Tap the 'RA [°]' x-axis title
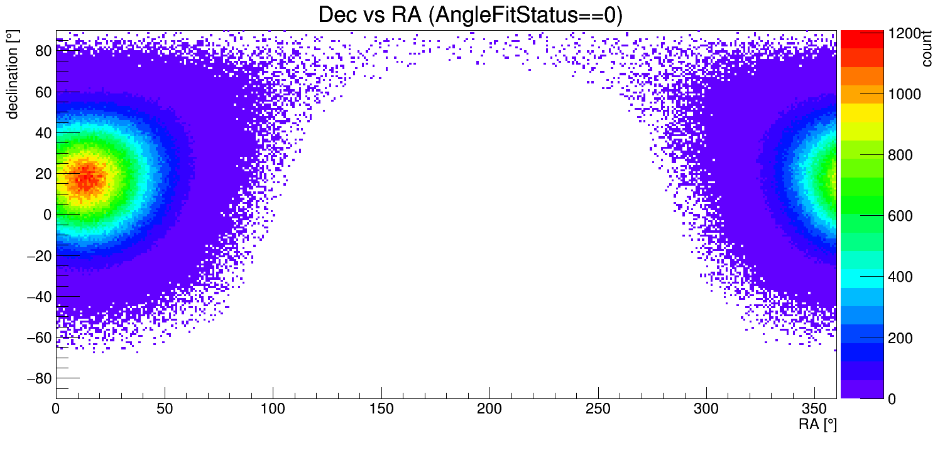[817, 425]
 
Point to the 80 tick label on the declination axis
[43, 51]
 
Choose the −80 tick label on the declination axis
[38, 378]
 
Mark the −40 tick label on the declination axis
[38, 296]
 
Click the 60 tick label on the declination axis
[43, 92]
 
